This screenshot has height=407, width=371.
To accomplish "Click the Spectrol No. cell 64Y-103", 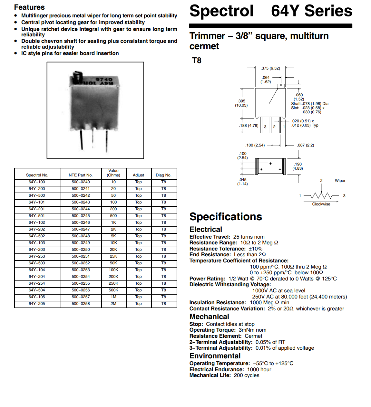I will point(37,243).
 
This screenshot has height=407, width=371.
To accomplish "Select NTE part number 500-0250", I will point(81,250).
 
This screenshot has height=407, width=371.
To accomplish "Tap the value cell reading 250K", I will point(113,283).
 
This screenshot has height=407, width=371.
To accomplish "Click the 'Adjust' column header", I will point(138,175).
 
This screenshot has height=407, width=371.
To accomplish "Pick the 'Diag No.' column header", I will point(163,175).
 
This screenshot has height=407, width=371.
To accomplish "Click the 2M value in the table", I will point(113,304).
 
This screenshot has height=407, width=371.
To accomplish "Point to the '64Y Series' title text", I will point(311,11).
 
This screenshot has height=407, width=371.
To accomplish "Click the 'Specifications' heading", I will point(226,217).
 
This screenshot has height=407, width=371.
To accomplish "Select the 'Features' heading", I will point(29,7).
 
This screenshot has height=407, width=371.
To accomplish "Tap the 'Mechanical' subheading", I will point(209,317).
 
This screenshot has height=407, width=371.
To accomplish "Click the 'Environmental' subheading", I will point(215,356).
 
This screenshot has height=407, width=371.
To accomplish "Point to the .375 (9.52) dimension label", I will point(270,68).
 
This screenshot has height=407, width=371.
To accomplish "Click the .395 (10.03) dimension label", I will point(241,103).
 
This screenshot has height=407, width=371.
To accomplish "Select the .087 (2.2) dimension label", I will point(305,145).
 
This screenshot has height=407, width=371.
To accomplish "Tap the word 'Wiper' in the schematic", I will point(340,181).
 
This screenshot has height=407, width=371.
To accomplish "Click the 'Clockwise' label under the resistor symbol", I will point(321,204).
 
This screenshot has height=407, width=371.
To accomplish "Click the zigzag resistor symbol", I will point(321,195).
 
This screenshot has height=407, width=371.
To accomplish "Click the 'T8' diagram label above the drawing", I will point(197,61).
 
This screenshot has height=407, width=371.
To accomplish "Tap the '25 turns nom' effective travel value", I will point(249,237).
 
